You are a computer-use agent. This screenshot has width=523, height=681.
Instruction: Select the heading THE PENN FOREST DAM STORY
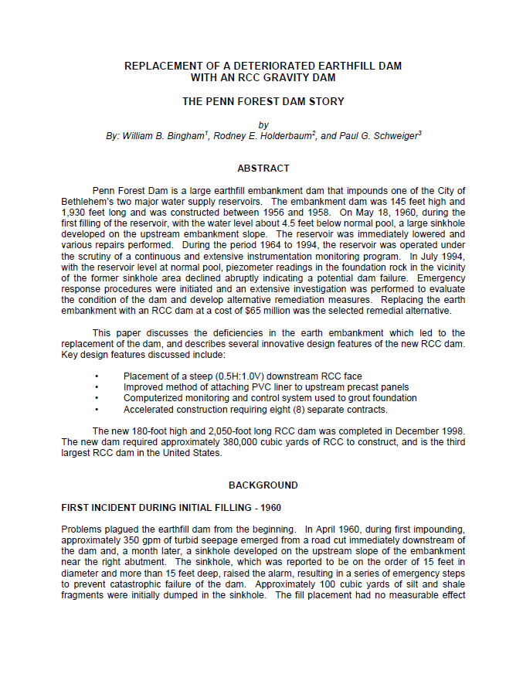pyautogui.click(x=263, y=101)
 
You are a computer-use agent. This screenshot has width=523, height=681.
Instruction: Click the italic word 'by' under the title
pyautogui.click(x=263, y=124)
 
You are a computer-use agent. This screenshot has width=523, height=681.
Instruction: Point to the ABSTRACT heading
pyautogui.click(x=263, y=168)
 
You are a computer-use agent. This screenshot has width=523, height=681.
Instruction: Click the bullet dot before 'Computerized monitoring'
pyautogui.click(x=97, y=399)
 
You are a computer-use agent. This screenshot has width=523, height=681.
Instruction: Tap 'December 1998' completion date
pyautogui.click(x=429, y=431)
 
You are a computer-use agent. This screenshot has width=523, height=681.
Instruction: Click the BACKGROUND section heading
pyautogui.click(x=263, y=485)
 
